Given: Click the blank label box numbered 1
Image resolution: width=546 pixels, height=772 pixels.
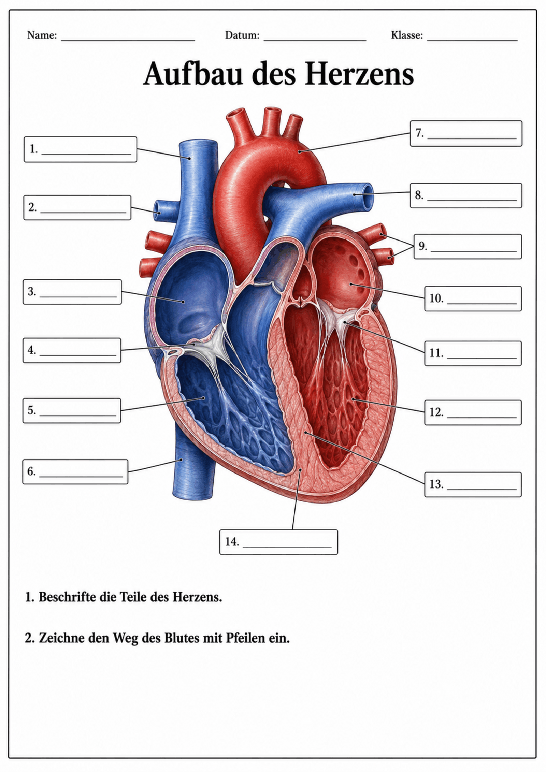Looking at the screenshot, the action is [80, 149].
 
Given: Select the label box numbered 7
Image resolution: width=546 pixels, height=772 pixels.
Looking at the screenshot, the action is [466, 133].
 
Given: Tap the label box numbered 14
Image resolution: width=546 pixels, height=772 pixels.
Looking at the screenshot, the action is [278, 542].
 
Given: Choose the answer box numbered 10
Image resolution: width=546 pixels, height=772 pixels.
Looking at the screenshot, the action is [473, 298].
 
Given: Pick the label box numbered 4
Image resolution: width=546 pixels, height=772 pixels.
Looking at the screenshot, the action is [72, 350].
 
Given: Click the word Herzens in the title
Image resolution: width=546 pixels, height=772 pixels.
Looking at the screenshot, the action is [359, 74].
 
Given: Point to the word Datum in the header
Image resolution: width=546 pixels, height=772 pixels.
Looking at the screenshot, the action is [242, 35].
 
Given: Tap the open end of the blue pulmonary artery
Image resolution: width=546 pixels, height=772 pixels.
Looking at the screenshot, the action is [368, 196].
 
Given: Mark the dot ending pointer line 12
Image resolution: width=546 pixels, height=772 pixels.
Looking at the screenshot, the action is [353, 399].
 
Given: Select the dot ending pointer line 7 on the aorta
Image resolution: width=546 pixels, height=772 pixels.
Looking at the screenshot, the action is [299, 151].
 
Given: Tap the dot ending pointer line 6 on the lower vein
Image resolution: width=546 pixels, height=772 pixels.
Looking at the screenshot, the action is [182, 459].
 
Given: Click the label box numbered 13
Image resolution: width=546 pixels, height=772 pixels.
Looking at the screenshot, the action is [473, 484].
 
